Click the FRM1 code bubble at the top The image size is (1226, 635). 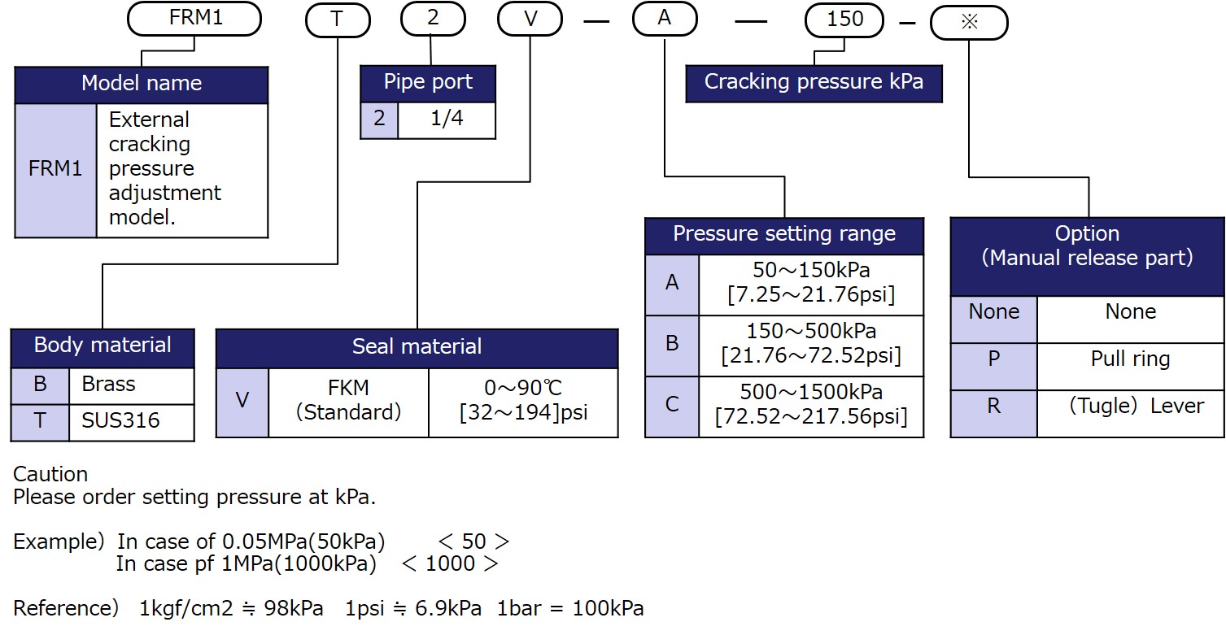(x=194, y=19)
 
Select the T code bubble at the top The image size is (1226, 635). (x=337, y=20)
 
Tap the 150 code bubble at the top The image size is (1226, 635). (x=845, y=20)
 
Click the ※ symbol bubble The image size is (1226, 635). (x=969, y=22)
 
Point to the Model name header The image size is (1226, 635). (x=141, y=84)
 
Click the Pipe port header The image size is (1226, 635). (x=428, y=83)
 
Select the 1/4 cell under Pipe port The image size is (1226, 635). (x=446, y=120)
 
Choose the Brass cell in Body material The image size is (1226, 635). (x=131, y=385)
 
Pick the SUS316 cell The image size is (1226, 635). (x=131, y=421)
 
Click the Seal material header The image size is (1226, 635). (x=417, y=347)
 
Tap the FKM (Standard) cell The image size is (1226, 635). (x=348, y=402)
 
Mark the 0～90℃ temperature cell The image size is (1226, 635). (x=523, y=402)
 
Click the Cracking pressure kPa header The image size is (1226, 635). (x=814, y=83)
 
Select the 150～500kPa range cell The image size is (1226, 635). (x=810, y=344)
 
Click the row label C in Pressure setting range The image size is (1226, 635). (x=672, y=405)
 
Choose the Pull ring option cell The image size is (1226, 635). (x=1130, y=359)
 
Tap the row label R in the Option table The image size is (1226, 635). (x=993, y=407)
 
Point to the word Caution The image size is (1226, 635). (x=50, y=474)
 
